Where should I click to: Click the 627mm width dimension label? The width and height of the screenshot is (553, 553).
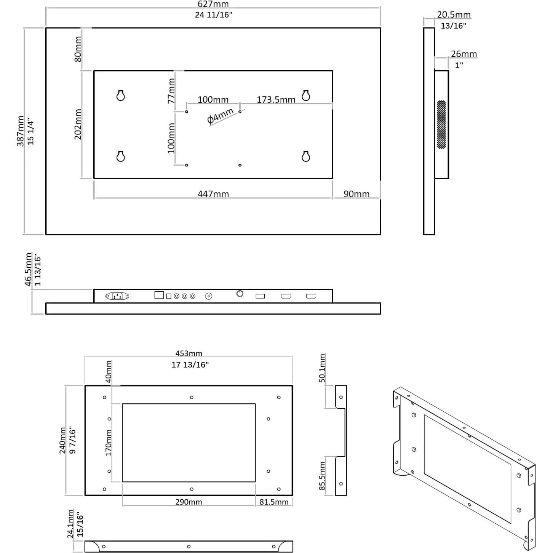point(213,4)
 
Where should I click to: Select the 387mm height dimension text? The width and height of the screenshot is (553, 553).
point(20,131)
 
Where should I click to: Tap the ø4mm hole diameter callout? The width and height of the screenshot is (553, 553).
point(220,116)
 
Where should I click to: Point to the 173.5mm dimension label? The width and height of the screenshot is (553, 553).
point(276,100)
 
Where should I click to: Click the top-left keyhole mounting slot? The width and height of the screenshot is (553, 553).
point(120,95)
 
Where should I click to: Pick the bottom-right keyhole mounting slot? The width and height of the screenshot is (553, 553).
point(305,156)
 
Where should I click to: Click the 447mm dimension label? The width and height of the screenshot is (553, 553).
point(213,194)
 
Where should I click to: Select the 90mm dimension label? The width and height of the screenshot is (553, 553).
point(356,194)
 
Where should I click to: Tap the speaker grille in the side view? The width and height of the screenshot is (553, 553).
point(441,125)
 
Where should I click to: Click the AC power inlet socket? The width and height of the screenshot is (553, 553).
point(117,296)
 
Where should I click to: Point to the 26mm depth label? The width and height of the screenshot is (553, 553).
point(463,54)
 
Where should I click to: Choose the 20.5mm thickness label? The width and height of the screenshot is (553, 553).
point(454,15)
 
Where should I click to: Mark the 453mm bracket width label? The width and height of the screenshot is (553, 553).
point(189,353)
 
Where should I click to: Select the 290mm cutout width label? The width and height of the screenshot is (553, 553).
point(189,502)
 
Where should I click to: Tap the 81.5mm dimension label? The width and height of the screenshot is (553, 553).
point(274,502)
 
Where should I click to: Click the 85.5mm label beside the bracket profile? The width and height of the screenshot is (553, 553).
point(322,476)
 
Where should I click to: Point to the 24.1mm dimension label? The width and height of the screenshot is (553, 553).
point(71,524)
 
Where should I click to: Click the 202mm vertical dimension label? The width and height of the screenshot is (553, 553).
point(78,124)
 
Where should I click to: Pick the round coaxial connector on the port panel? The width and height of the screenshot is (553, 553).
point(208,296)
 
